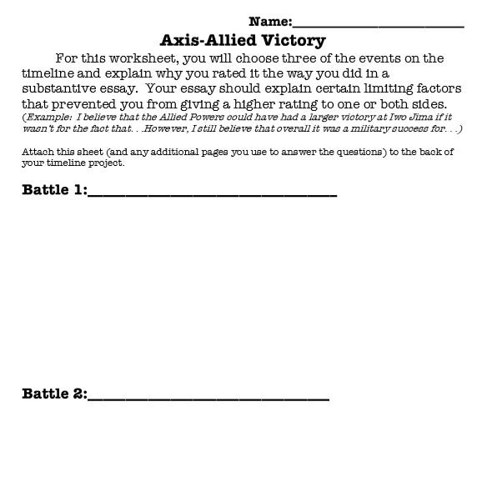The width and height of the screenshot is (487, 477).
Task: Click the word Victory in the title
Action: click(x=292, y=40)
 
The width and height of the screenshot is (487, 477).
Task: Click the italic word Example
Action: click(x=45, y=118)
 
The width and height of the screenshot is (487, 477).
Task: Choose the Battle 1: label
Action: click(x=54, y=189)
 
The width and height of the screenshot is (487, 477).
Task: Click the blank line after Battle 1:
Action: click(x=212, y=194)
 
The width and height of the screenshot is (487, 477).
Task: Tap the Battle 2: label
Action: click(x=54, y=394)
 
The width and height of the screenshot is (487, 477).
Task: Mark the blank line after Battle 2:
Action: click(x=208, y=399)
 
